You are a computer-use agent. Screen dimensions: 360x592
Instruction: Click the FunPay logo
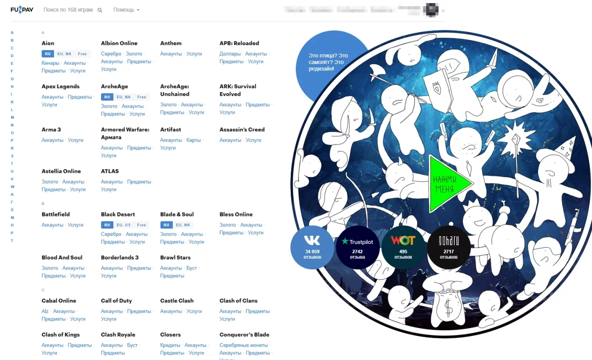[x=22, y=9]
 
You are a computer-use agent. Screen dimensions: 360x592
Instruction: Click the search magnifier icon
[x=99, y=10]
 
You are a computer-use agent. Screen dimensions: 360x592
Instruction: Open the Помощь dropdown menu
[x=126, y=10]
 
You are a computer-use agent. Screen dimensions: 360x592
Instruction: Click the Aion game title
[x=48, y=43]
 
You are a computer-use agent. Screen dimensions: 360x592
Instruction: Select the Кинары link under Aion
[x=50, y=63]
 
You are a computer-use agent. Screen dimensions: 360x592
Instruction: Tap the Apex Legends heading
[x=60, y=86]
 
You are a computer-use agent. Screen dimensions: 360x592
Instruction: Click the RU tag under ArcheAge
[x=107, y=97]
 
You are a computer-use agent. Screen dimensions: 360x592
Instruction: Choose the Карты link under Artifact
[x=194, y=140]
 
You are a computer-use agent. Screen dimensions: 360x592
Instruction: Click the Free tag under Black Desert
[x=141, y=225]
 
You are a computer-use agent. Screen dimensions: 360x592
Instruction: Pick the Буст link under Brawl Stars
[x=191, y=268]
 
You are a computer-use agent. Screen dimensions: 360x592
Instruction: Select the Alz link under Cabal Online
[x=45, y=311]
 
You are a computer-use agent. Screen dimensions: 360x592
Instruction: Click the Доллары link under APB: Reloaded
[x=230, y=54]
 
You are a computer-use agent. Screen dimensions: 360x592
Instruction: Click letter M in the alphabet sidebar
[x=12, y=117]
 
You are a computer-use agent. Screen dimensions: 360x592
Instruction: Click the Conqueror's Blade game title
[x=244, y=335]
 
